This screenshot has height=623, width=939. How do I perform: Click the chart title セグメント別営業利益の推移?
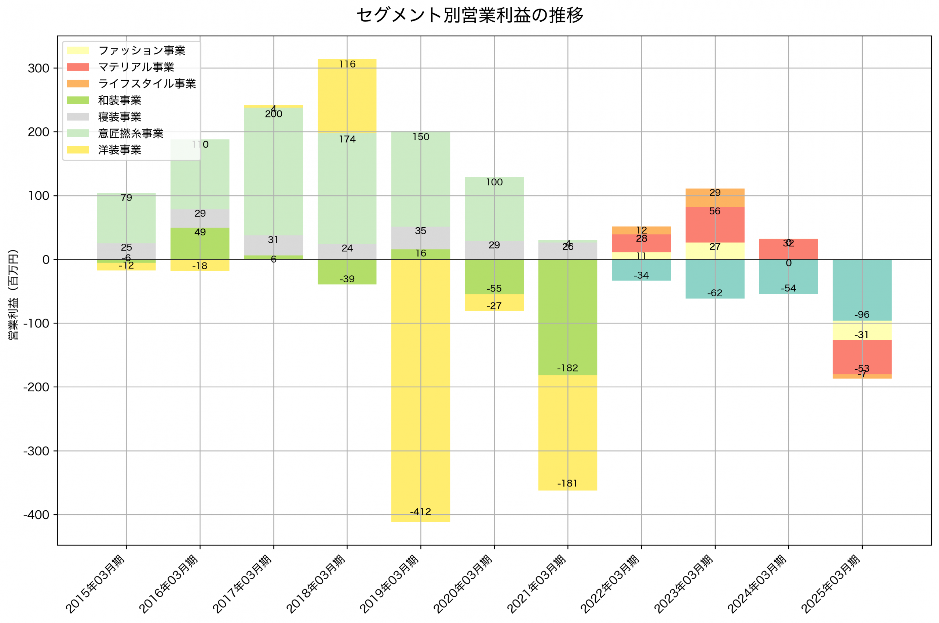469,15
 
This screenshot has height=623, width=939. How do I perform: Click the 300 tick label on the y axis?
39,68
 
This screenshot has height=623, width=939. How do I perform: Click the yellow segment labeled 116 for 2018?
347,95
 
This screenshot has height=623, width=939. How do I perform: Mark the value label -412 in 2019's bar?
420,512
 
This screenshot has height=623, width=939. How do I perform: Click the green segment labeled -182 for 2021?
567,318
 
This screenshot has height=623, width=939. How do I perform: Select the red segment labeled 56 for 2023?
715,224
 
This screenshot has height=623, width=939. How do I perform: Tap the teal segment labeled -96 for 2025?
862,290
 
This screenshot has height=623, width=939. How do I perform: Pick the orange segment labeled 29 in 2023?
715,198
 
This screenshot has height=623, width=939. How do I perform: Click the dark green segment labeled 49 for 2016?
200,243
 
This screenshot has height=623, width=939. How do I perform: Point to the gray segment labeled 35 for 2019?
420,238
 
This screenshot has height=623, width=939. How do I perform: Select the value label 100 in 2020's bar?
494,182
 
